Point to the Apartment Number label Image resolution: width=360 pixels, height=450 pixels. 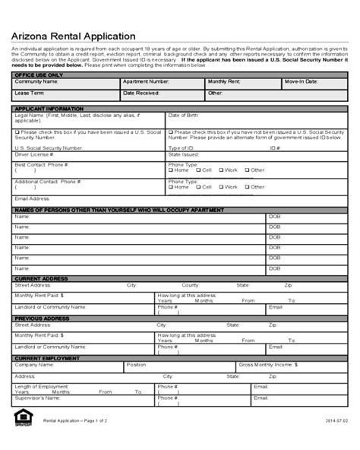coord(147,81)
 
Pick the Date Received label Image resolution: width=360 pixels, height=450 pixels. coord(142,93)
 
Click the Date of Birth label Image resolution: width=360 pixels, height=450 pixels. coord(184,115)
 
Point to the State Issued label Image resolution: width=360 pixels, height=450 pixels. coord(184,154)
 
